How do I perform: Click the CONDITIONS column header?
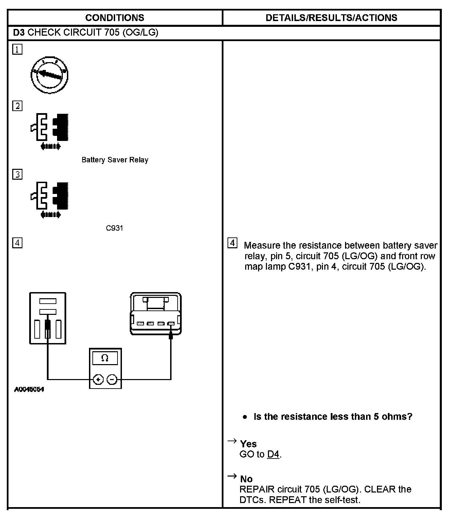pyautogui.click(x=115, y=18)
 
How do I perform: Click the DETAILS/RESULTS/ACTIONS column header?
pyautogui.click(x=331, y=18)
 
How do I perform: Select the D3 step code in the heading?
pyautogui.click(x=19, y=33)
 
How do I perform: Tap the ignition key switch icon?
pyautogui.click(x=50, y=75)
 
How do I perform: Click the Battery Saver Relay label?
pyautogui.click(x=115, y=160)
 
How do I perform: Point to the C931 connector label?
pyautogui.click(x=114, y=228)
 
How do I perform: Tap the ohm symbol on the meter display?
pyautogui.click(x=105, y=358)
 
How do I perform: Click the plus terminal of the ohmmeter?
pyautogui.click(x=98, y=379)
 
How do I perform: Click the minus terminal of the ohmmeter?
pyautogui.click(x=112, y=379)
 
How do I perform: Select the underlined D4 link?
pyautogui.click(x=273, y=454)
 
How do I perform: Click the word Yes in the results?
pyautogui.click(x=248, y=444)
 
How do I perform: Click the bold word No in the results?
pyautogui.click(x=246, y=479)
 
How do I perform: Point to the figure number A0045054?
pyautogui.click(x=29, y=389)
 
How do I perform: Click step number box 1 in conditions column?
pyautogui.click(x=17, y=50)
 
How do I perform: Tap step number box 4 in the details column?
pyautogui.click(x=233, y=243)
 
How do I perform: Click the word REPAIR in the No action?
pyautogui.click(x=257, y=489)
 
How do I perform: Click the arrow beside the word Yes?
pyautogui.click(x=232, y=441)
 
